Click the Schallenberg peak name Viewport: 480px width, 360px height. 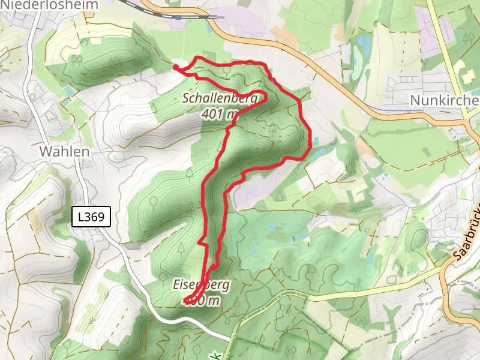(x=220, y=98)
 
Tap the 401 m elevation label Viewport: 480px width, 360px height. (x=220, y=113)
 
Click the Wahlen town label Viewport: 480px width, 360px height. (x=64, y=151)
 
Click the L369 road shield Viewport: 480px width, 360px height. (x=91, y=217)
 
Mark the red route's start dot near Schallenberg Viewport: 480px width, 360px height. (x=176, y=67)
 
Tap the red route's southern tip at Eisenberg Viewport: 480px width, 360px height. (x=187, y=301)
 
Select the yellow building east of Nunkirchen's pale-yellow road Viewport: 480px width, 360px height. (x=463, y=68)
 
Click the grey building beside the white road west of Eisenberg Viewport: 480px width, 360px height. (x=133, y=245)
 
